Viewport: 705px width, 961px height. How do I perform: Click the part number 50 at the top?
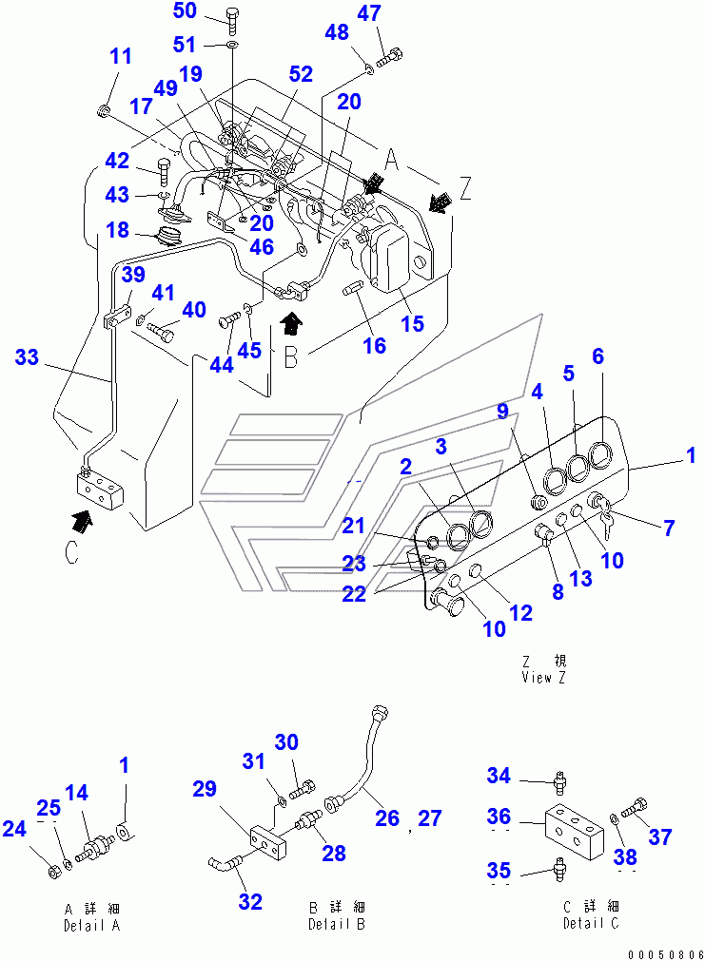(185, 11)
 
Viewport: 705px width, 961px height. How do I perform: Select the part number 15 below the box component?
(412, 324)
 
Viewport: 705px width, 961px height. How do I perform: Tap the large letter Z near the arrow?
(463, 189)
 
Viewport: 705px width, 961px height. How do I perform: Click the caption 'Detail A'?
(91, 925)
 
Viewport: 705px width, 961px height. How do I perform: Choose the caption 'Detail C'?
(592, 923)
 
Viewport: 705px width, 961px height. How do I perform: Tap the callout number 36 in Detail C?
(499, 816)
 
